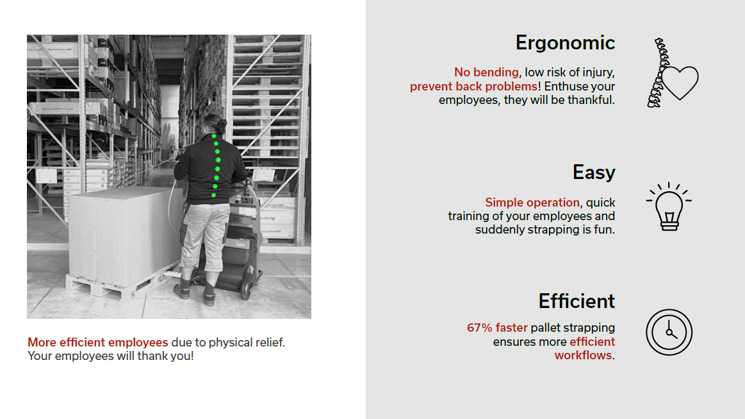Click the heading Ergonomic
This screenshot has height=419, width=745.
click(x=565, y=43)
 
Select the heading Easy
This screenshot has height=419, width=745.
click(x=594, y=173)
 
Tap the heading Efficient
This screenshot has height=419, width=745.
click(x=577, y=301)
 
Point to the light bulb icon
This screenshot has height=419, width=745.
click(x=669, y=207)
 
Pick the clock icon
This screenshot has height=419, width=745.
click(x=669, y=332)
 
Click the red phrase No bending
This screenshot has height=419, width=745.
click(x=486, y=73)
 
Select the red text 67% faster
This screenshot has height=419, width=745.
click(x=497, y=328)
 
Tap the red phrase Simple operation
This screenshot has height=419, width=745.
click(x=532, y=202)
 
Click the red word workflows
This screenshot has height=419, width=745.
click(x=583, y=355)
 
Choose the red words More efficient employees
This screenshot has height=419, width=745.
click(x=98, y=343)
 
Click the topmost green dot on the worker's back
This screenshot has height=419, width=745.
click(x=214, y=136)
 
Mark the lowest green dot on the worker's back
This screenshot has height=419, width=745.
click(x=214, y=194)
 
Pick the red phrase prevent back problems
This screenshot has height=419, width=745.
click(x=473, y=86)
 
